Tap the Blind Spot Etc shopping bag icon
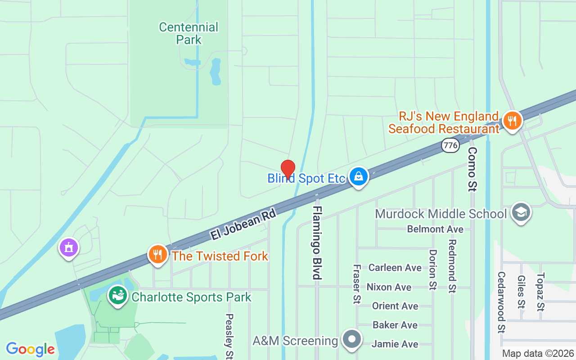pos(358,177)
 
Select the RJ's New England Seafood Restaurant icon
pos(512,121)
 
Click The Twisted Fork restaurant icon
pos(157,255)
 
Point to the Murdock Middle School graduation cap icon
pos(521,213)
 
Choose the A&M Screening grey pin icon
pos(352,339)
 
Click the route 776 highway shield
pos(450,145)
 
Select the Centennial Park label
pos(189,33)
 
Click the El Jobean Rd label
pos(243,225)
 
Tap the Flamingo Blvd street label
pos(318,243)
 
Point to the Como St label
pos(472,169)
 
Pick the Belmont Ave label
pos(435,229)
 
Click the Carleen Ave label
pos(395,268)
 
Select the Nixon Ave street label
pos(389,287)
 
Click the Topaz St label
pos(541,292)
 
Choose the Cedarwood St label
pos(501,302)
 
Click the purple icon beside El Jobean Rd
pos(69,247)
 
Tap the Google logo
pos(30,349)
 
